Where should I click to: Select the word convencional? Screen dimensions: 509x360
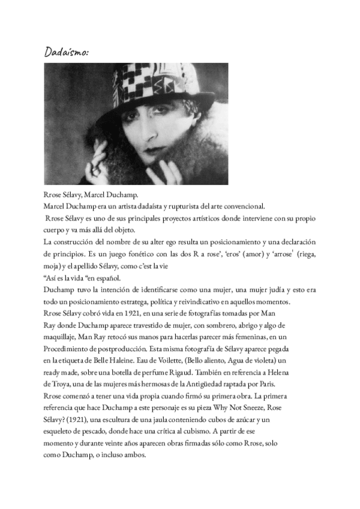click(248, 205)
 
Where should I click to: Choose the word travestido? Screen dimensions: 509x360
click(150, 325)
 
